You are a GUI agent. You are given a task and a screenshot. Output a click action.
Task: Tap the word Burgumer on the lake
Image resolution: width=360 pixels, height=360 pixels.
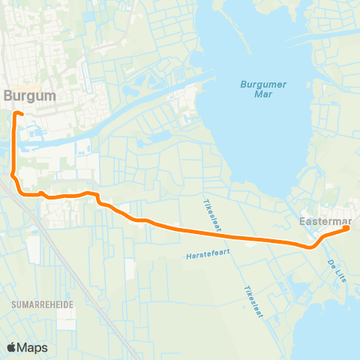coord(259,84)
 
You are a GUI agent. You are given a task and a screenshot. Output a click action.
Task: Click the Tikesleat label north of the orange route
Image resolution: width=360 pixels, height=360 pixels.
coord(212,214)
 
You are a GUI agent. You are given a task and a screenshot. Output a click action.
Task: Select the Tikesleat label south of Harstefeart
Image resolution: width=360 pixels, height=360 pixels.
coord(253,300)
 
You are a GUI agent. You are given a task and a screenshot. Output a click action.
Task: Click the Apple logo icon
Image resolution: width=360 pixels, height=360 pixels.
coord(11,347)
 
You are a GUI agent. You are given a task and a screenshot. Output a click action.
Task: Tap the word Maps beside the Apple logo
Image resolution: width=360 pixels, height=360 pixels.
coord(33,347)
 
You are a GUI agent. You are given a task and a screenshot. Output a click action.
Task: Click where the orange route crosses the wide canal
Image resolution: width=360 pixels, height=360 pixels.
coord(15,142)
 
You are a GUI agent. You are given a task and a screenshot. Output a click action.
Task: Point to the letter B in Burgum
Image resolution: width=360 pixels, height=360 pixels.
coord(7,96)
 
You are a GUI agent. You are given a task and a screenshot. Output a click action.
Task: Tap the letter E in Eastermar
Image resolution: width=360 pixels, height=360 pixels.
coord(302,223)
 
